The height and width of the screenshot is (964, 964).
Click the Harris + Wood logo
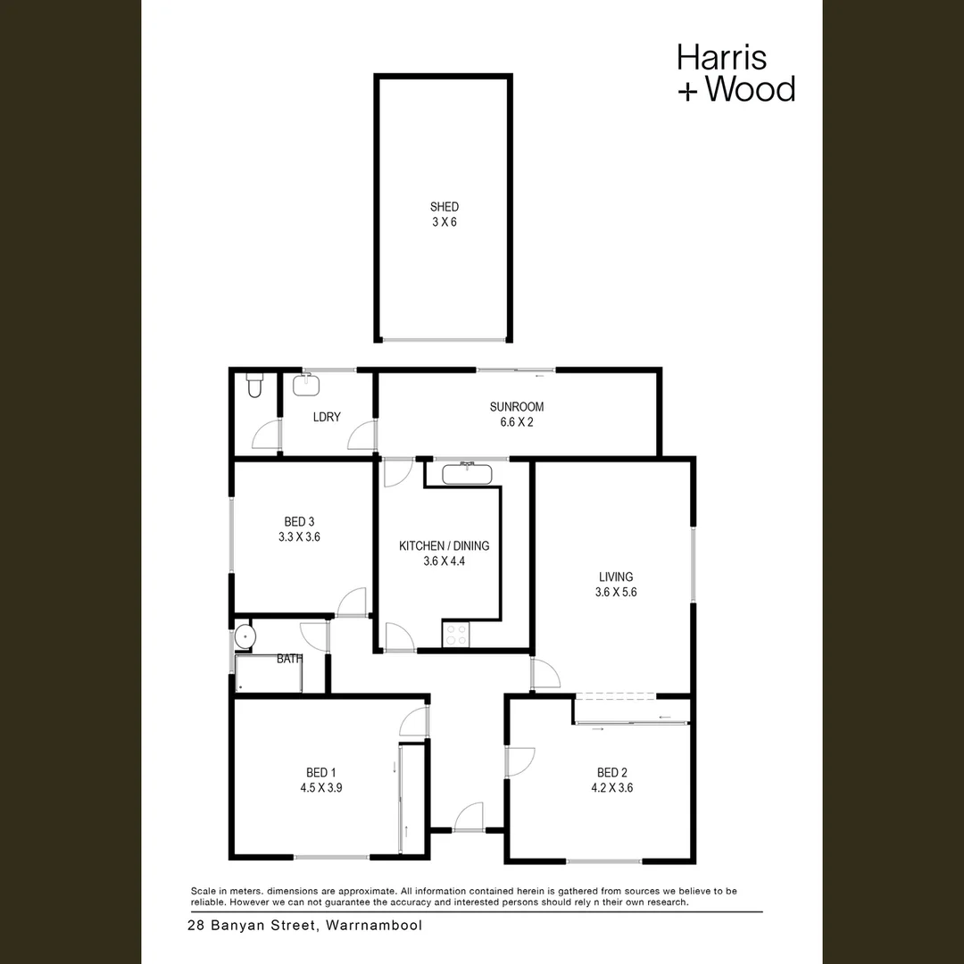tap(735, 73)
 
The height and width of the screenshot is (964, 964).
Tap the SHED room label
tap(444, 207)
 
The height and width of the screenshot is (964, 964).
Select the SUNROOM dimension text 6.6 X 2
tap(516, 422)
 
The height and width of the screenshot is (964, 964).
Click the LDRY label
tap(327, 417)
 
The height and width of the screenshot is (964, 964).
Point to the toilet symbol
tap(254, 385)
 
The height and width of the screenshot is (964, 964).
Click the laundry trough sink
tap(306, 384)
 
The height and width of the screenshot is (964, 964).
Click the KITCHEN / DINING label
tap(444, 546)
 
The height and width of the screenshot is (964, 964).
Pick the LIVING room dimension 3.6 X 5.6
tap(616, 592)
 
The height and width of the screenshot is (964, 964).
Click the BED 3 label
tap(299, 522)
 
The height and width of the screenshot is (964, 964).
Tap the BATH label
tap(289, 659)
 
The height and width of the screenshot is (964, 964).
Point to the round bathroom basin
tap(245, 636)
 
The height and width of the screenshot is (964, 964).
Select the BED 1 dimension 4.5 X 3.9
tap(321, 788)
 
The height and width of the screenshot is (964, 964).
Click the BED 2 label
tap(615, 773)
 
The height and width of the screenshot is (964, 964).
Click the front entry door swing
tap(468, 817)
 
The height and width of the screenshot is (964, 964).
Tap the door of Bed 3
tap(353, 603)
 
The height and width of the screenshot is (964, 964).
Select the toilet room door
tap(267, 435)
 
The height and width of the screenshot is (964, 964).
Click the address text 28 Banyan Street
tap(253, 926)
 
